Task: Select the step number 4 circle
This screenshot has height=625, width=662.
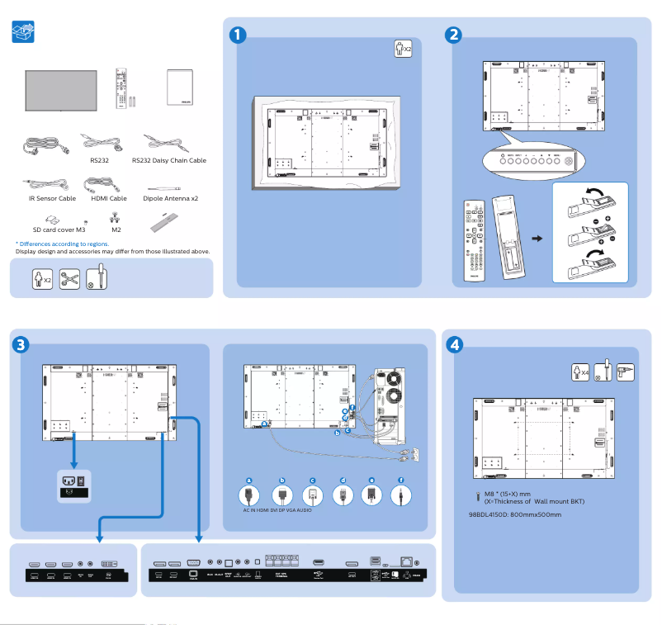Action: [453, 344]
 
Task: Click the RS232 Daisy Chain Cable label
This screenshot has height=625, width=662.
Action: [168, 161]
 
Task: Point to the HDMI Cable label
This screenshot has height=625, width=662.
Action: [108, 199]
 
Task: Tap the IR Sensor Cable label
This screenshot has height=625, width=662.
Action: [47, 199]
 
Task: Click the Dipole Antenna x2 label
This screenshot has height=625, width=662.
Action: [170, 199]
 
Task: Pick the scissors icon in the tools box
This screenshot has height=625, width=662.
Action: [69, 277]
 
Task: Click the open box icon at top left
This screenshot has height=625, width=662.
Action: [24, 33]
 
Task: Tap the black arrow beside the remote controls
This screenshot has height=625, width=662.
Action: [537, 239]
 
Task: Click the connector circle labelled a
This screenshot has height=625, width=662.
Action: [248, 495]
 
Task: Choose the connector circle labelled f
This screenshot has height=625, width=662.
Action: [401, 495]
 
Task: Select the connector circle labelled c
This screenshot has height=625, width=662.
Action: [312, 495]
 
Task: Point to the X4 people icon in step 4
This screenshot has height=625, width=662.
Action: [581, 371]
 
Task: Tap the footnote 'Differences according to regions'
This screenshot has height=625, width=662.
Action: [62, 244]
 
